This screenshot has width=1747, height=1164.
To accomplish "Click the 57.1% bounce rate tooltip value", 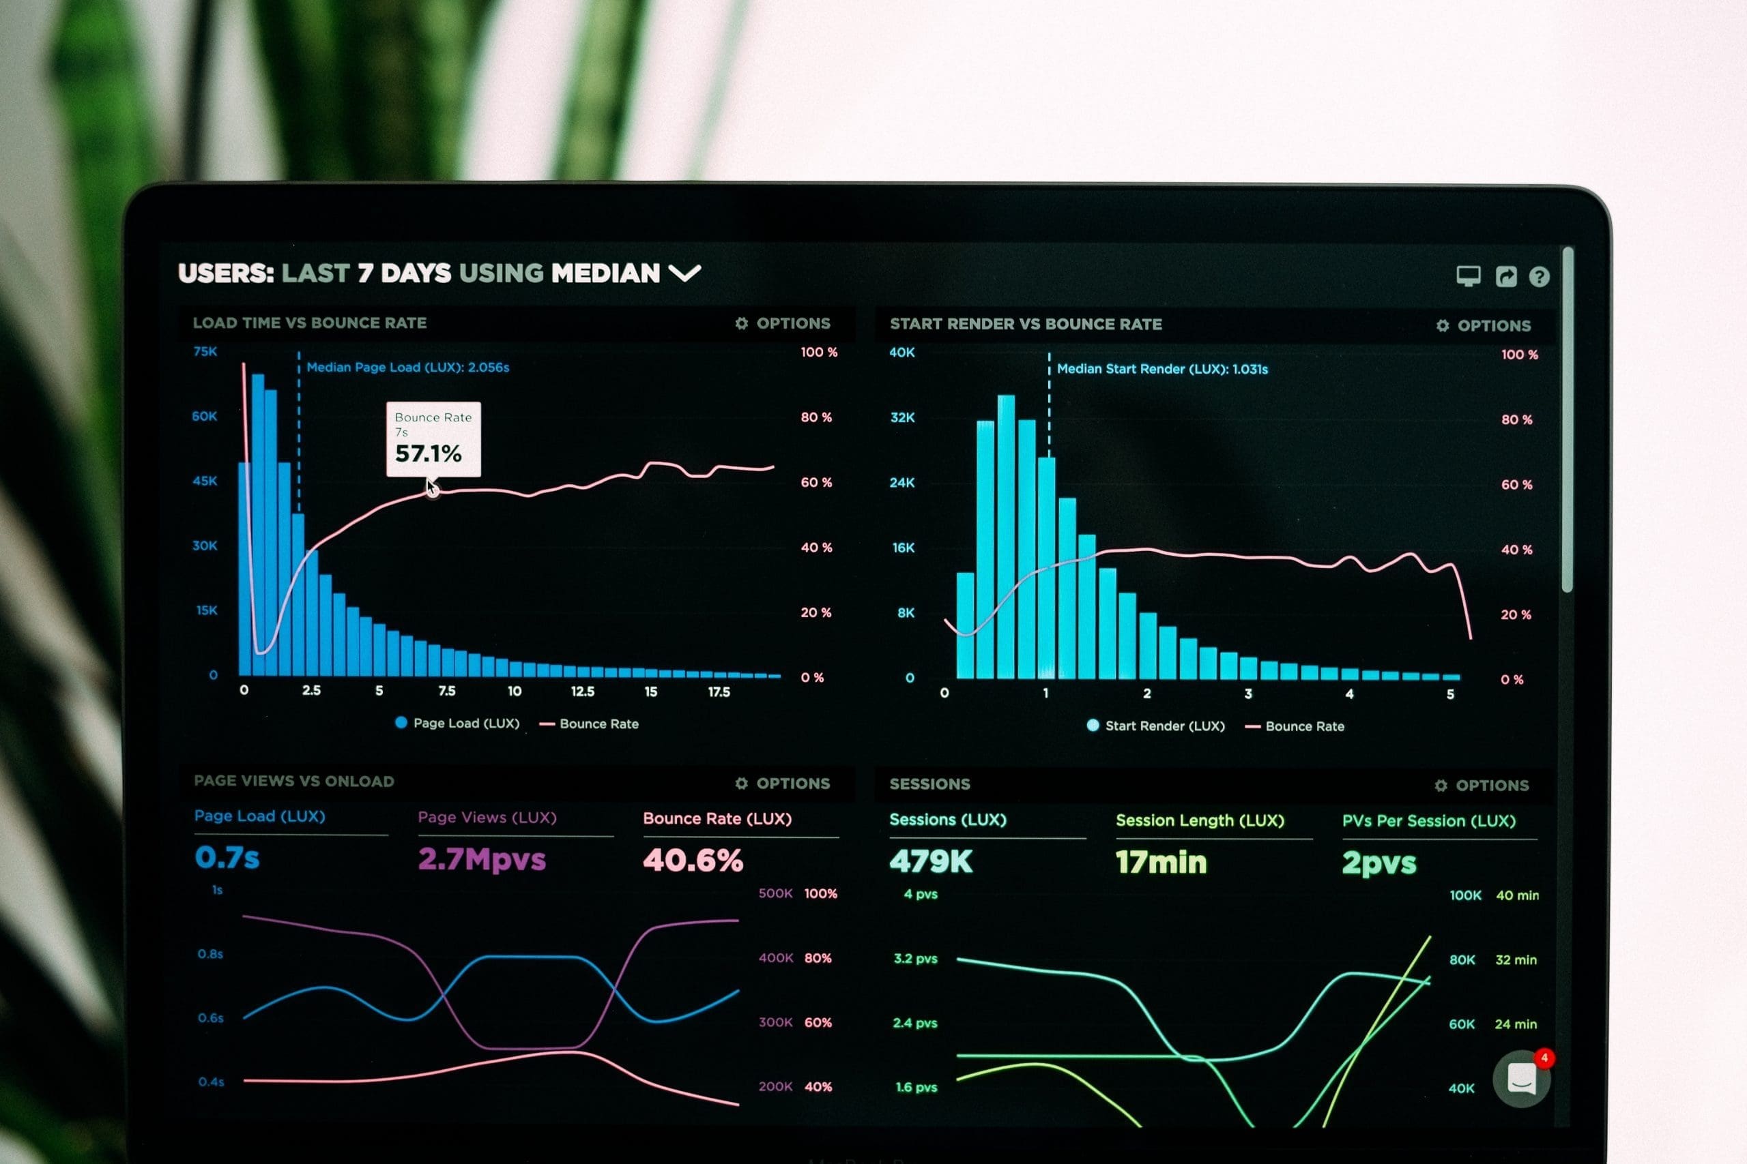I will pos(428,453).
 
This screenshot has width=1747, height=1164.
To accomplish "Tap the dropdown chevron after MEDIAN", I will pos(684,273).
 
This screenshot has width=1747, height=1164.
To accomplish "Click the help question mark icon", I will pos(1539,277).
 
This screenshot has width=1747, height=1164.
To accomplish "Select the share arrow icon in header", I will pos(1505,276).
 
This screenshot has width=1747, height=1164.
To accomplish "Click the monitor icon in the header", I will pos(1468,276).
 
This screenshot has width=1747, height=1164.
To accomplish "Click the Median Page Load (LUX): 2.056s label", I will pos(408,368).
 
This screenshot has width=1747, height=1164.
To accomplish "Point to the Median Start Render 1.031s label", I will pos(1161,369).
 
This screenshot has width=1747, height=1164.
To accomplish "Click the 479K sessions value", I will pos(931,862).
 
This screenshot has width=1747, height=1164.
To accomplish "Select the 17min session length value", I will pos(1161,863).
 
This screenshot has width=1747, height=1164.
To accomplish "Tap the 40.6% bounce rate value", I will pos(692,861).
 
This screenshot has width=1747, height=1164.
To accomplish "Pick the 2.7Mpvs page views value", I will pos(481,860).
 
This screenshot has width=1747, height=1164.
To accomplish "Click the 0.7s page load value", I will pos(227,858).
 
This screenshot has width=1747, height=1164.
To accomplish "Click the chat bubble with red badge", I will pos(1521,1079).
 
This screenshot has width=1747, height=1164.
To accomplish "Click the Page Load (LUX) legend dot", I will pos(401,722).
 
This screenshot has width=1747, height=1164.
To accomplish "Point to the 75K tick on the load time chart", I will pos(205,351).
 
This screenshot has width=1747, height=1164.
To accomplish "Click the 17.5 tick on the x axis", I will pos(719,692).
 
